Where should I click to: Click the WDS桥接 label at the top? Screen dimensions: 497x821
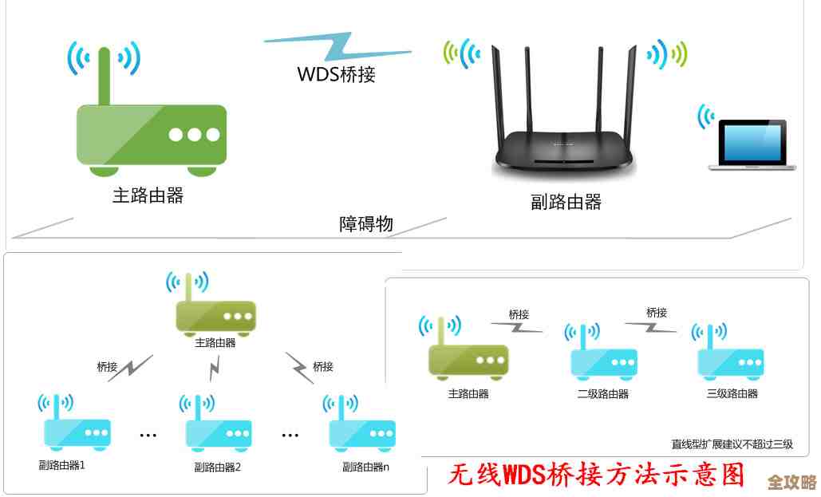336,74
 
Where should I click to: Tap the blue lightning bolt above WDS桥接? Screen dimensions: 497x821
338,47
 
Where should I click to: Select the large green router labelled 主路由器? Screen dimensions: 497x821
152,136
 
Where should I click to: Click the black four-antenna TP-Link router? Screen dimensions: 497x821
565,144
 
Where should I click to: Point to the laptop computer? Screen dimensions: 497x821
752,144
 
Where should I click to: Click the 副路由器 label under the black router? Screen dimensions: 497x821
566,202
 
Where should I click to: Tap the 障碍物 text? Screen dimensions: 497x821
366,224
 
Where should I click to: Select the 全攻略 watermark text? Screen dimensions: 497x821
791,483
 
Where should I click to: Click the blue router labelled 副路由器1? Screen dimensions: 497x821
77,432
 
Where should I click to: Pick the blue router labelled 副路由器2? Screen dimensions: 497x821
219,432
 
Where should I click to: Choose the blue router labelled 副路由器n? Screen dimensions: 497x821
362,432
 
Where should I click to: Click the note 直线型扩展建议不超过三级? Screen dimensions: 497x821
732,444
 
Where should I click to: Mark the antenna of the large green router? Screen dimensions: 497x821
103,76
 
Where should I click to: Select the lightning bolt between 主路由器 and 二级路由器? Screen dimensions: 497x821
516,325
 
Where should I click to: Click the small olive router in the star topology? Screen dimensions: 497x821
215,316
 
